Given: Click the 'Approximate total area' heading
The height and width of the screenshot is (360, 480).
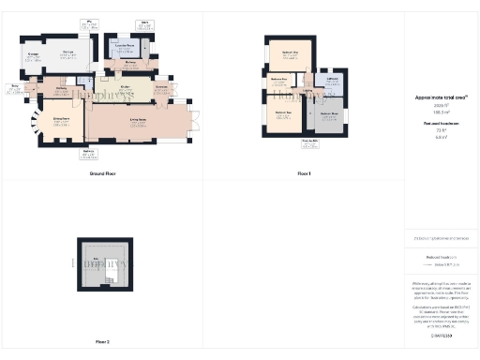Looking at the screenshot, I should point(441,97).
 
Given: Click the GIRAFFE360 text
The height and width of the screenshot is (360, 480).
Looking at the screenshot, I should point(441,335).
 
